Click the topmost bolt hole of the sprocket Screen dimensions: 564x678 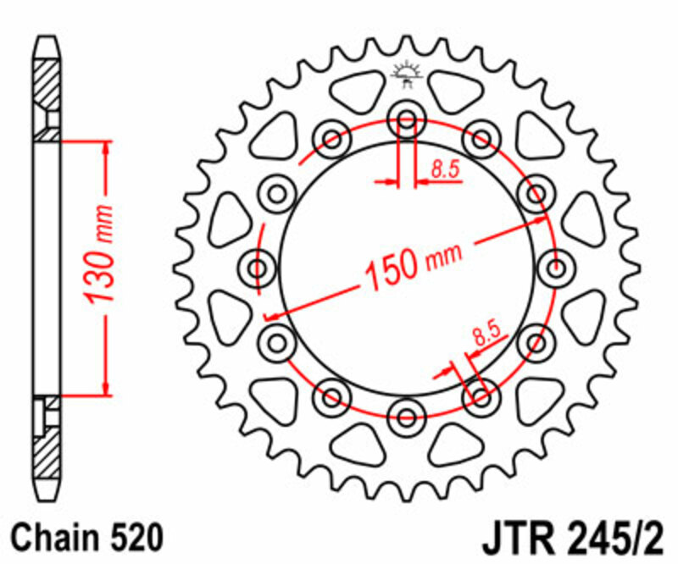406,120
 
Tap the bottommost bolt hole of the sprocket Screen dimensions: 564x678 406,416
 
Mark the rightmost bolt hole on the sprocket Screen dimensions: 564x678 557,270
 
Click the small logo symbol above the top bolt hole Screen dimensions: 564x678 406,76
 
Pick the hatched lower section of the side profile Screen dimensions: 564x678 47,449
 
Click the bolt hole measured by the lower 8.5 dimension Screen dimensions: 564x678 481,395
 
